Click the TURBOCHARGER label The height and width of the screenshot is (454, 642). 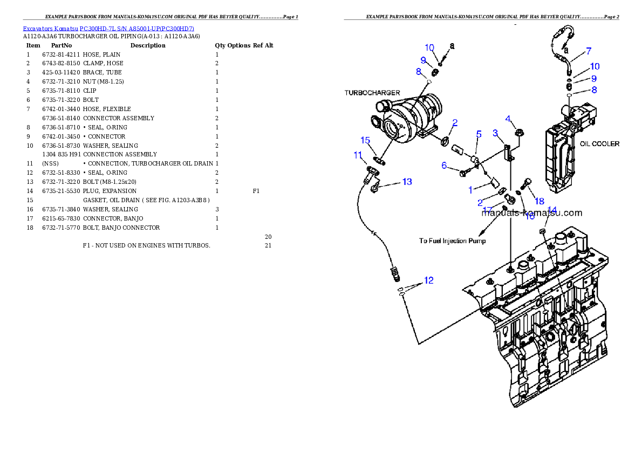click(372, 93)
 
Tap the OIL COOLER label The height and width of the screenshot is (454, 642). click(599, 144)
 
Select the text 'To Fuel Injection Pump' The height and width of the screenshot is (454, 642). click(452, 240)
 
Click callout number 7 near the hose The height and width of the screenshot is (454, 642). click(589, 51)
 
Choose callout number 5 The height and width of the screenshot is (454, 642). click(479, 134)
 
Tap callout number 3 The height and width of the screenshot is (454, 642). click(495, 133)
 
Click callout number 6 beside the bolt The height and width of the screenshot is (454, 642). click(445, 166)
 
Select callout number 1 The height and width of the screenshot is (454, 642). click(470, 190)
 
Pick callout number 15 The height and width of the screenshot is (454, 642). click(365, 140)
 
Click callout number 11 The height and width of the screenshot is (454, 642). click(358, 155)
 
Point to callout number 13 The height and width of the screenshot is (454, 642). click(407, 182)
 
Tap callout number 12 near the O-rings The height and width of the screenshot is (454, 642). click(428, 280)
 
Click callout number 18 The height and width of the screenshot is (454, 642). click(539, 201)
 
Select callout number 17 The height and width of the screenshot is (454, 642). click(488, 210)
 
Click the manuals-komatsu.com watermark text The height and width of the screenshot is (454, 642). click(531, 213)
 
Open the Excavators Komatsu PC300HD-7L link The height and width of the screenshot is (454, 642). click(108, 28)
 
